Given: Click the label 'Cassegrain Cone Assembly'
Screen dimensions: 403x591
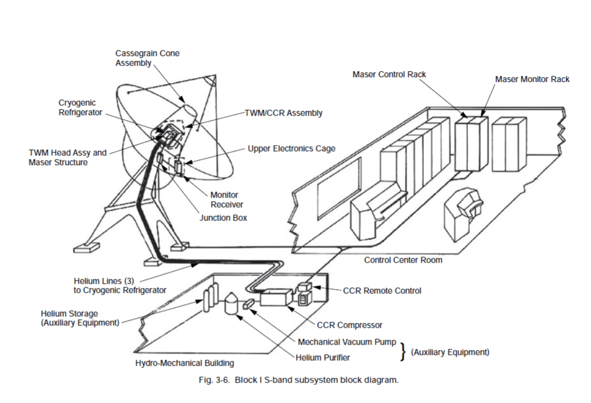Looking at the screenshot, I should click(147, 58).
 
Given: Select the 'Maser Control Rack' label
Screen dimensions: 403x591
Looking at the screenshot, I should click(389, 74).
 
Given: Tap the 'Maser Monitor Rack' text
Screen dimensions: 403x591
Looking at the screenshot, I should click(532, 79).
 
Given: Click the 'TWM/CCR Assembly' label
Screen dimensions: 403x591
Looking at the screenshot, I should click(283, 113).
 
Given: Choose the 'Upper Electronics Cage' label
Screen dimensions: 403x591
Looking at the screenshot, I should click(291, 148).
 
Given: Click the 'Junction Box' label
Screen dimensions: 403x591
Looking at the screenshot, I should click(223, 217).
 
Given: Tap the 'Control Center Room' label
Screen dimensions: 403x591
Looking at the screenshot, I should click(403, 260).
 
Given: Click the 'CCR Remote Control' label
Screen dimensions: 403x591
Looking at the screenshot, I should click(382, 290).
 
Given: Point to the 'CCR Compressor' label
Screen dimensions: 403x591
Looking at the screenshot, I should click(349, 325).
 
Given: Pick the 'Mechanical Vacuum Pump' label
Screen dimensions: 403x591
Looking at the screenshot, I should click(347, 342).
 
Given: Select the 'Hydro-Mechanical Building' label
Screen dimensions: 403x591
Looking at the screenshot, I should click(185, 363).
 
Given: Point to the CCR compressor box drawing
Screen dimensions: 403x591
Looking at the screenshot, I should click(274, 297).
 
